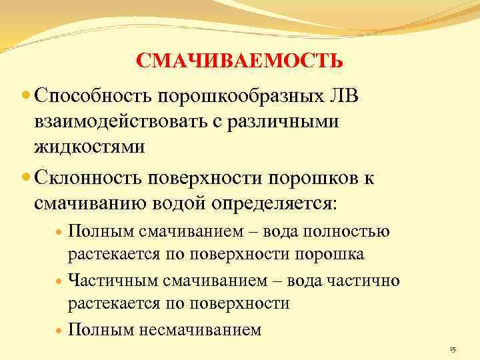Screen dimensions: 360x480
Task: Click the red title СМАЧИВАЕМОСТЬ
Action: [240, 62]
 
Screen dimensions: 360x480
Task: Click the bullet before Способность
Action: [26, 97]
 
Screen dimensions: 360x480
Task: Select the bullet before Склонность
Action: [26, 179]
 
